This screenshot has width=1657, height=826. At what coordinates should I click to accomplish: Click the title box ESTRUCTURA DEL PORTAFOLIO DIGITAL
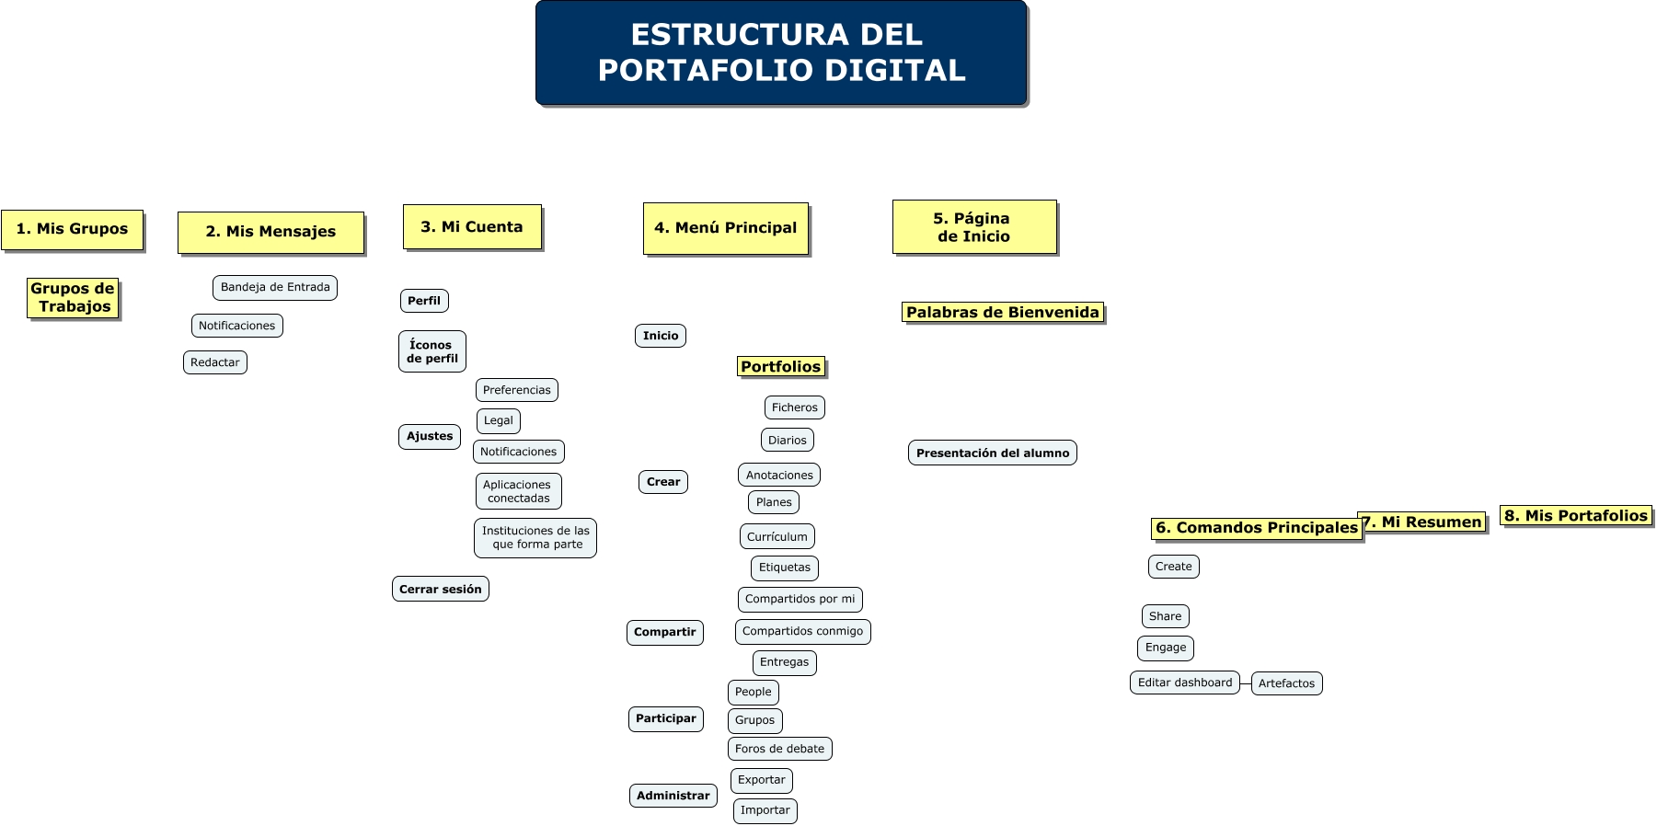780,52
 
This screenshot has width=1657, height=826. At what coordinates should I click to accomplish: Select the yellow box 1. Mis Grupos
72,229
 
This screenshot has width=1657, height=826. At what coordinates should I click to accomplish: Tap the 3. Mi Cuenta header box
472,227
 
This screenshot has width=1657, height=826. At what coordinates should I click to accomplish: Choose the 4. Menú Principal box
725,228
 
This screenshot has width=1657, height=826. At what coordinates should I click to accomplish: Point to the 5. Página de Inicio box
973,227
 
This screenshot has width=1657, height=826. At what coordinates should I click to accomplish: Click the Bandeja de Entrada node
275,288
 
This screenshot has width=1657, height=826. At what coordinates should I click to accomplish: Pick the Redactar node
215,362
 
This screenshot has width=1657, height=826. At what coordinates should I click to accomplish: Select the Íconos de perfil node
432,351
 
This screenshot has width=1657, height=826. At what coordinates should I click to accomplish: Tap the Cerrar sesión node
440,589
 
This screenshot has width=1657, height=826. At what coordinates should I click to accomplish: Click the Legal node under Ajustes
499,420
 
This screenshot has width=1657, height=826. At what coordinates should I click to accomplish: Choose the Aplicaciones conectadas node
518,491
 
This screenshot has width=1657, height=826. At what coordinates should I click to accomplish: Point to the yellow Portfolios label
780,367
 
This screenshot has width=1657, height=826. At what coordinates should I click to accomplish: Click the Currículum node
777,536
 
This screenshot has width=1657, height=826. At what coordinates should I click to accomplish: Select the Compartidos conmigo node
802,631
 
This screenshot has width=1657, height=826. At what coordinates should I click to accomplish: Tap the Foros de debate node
779,749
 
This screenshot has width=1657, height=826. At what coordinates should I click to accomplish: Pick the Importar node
765,810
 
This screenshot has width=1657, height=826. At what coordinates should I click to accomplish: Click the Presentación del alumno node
992,453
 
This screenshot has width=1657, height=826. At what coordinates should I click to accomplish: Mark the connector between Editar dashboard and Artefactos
1246,683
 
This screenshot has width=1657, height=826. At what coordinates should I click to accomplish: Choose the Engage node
1166,648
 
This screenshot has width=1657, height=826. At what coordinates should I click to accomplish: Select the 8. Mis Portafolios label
1575,516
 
